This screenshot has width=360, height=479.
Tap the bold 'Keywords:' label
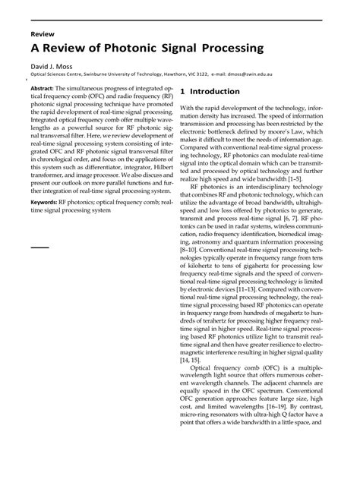[x=48, y=203]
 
